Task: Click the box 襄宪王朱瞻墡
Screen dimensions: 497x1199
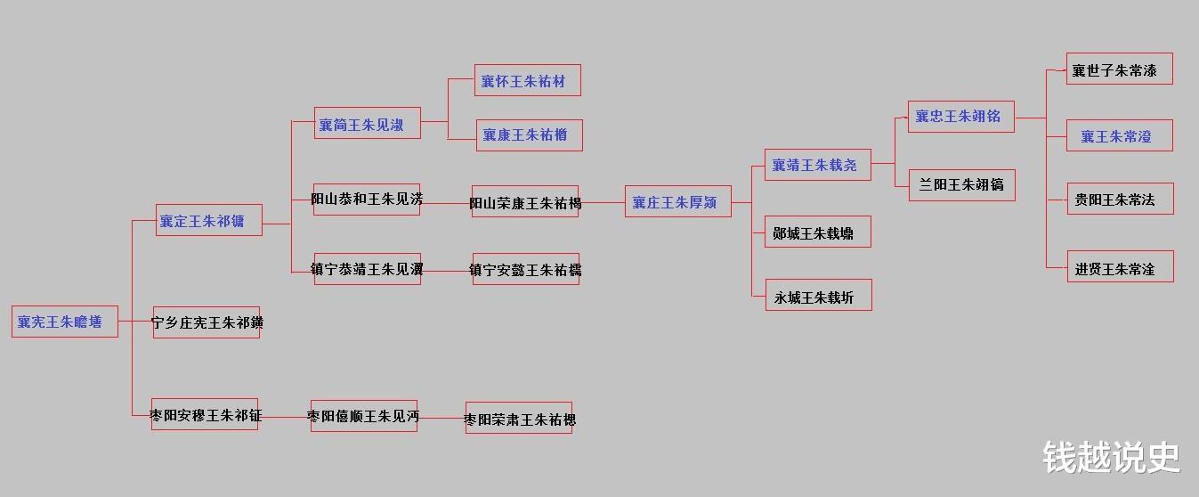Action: (65, 322)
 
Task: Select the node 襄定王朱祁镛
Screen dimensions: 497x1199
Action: (209, 220)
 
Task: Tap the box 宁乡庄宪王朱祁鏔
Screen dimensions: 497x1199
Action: (207, 322)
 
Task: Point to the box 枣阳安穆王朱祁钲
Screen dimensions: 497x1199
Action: (205, 414)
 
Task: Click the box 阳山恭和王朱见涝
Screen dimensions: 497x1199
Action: (367, 199)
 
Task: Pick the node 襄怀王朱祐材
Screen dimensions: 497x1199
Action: (528, 80)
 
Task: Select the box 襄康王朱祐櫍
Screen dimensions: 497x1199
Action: (529, 135)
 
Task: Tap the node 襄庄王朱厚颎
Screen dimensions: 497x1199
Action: (677, 202)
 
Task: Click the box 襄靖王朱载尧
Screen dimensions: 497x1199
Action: (817, 165)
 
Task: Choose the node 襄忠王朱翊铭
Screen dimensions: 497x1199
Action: (961, 117)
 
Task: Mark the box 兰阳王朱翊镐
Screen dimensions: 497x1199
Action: (961, 185)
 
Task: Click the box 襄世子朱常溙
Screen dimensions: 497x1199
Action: (1119, 69)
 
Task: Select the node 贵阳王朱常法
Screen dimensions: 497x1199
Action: (1120, 199)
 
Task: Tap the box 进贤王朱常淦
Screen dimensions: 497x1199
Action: (1120, 267)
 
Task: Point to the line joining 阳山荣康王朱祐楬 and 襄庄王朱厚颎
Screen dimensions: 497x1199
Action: (602, 202)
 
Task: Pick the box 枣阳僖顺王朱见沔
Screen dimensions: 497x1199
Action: (364, 416)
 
